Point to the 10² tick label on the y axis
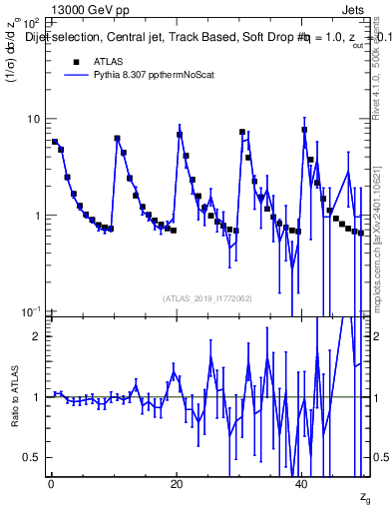click(x=30, y=22)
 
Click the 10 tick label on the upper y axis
click(x=32, y=119)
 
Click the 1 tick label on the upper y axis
click(x=36, y=216)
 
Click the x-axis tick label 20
click(x=177, y=484)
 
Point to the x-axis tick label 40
click(x=303, y=484)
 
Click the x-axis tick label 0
click(x=51, y=484)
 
